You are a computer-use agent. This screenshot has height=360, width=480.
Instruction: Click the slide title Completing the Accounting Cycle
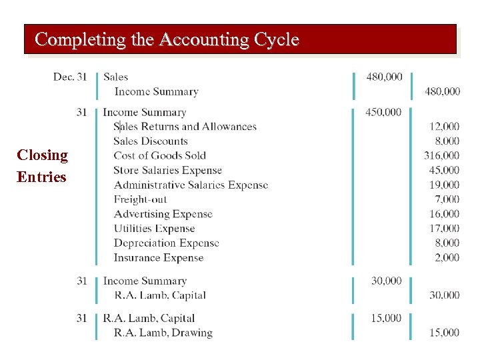(167, 39)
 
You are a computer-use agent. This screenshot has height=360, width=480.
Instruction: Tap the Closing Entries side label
(42, 166)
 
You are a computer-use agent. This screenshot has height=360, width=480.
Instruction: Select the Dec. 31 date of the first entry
(70, 77)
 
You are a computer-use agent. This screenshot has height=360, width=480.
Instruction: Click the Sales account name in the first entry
(116, 77)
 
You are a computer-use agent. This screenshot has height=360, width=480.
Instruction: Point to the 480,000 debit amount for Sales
(384, 77)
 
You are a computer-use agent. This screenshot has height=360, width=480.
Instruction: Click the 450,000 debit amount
(383, 112)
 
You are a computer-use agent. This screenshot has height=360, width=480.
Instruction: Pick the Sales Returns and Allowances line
(185, 127)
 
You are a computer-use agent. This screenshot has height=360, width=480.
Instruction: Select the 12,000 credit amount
(444, 126)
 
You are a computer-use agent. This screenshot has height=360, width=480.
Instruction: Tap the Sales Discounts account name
(151, 141)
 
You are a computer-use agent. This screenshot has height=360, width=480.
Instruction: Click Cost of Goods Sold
(159, 156)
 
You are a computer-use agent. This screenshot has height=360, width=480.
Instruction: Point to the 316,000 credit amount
(441, 155)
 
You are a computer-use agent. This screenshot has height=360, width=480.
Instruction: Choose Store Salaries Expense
(167, 171)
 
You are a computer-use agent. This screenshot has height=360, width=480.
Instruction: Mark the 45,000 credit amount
(444, 170)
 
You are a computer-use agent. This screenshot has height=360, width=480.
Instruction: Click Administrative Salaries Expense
(191, 185)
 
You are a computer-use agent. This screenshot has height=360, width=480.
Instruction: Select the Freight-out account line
(140, 199)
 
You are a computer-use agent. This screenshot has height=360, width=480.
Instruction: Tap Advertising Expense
(163, 214)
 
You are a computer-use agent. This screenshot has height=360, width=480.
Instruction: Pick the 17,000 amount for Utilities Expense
(444, 229)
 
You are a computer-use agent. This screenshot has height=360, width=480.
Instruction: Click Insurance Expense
(159, 258)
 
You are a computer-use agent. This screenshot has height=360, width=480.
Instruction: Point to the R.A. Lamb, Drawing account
(163, 333)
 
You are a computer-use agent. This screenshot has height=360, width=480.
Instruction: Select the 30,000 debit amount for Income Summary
(386, 281)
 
